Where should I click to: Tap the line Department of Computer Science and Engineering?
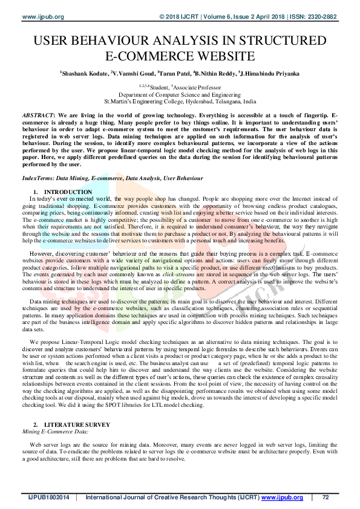click(x=180, y=96)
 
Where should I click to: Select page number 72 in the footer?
click(x=326, y=498)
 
